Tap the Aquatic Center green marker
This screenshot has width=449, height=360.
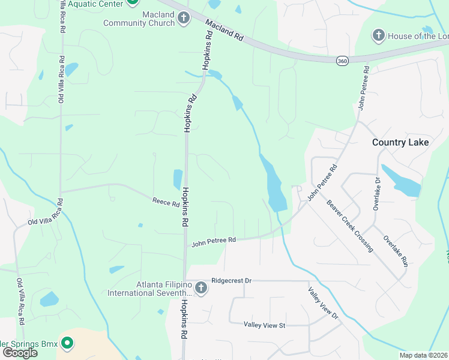click(133, 2)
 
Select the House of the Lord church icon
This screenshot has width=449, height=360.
click(378, 36)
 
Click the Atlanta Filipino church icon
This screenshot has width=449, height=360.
click(200, 289)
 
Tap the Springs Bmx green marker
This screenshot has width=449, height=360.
click(68, 344)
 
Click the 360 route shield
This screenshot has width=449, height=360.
click(342, 61)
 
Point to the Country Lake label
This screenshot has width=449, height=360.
click(400, 142)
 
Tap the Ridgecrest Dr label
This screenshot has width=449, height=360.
click(231, 280)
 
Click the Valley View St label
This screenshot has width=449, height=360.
click(264, 325)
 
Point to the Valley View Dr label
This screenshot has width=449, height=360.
click(324, 303)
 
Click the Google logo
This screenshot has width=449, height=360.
click(19, 353)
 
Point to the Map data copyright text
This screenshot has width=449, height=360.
click(423, 355)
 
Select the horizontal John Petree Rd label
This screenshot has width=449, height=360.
click(214, 241)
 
